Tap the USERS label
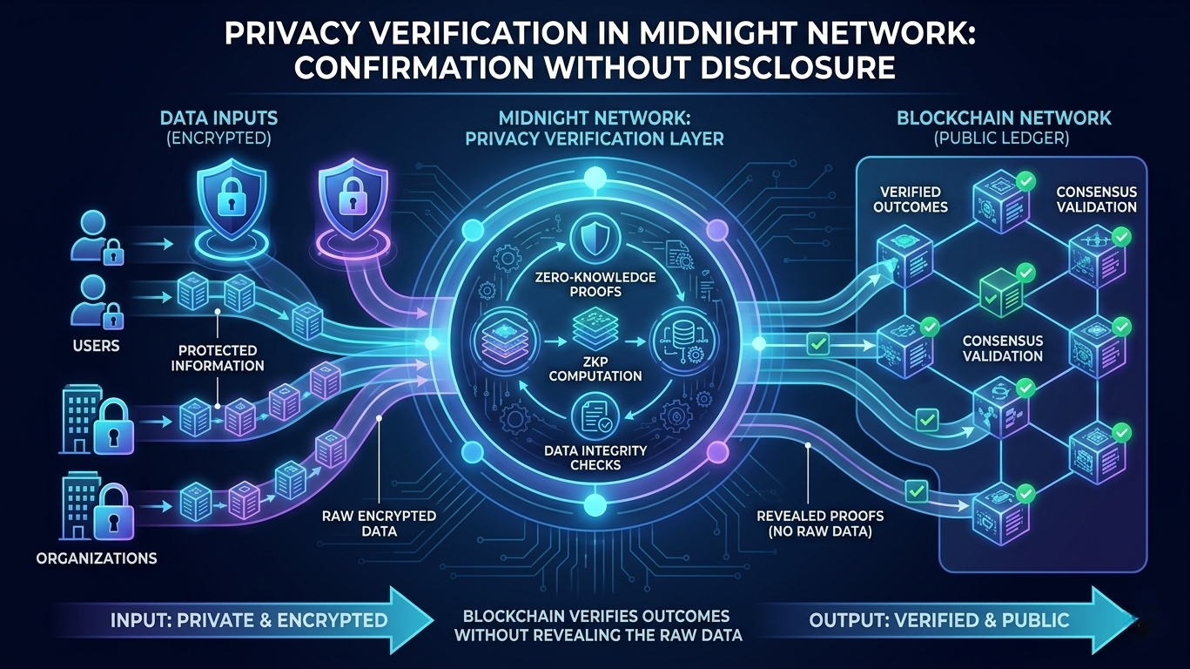pos(97,346)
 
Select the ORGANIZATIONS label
pos(97,557)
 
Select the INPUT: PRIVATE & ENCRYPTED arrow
pos(252,620)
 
